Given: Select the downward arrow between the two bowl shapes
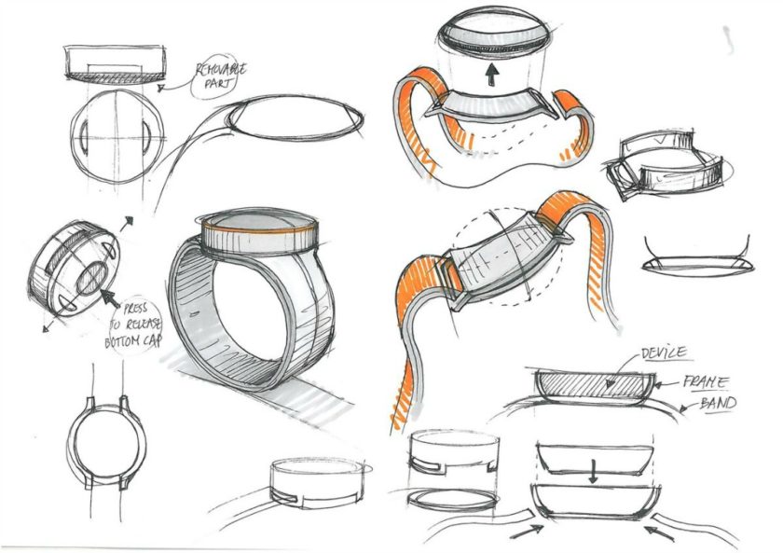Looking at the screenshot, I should tap(592, 473).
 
